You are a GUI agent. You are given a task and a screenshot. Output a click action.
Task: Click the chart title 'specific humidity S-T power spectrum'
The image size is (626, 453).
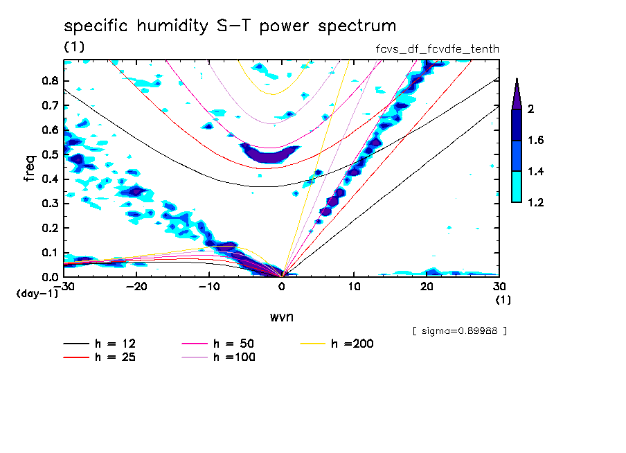click(230, 27)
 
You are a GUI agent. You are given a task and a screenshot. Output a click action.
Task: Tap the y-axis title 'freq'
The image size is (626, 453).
click(30, 168)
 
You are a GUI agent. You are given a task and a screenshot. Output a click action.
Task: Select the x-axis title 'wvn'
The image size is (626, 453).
click(282, 317)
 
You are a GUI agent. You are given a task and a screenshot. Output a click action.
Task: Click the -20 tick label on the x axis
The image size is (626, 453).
click(136, 287)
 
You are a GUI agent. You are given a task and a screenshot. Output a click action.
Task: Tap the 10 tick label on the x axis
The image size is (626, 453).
click(355, 287)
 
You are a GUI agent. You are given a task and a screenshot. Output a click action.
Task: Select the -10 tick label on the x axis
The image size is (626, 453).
click(209, 287)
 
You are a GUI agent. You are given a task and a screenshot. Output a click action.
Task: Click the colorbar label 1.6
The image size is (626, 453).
click(535, 140)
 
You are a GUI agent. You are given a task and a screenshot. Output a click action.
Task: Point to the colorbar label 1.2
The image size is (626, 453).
click(535, 202)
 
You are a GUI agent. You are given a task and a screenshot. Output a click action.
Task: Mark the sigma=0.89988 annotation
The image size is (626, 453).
click(459, 330)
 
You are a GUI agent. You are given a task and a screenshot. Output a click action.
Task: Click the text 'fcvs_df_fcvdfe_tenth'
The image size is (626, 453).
click(436, 48)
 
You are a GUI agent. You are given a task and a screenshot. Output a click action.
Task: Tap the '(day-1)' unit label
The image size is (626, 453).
click(37, 294)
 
